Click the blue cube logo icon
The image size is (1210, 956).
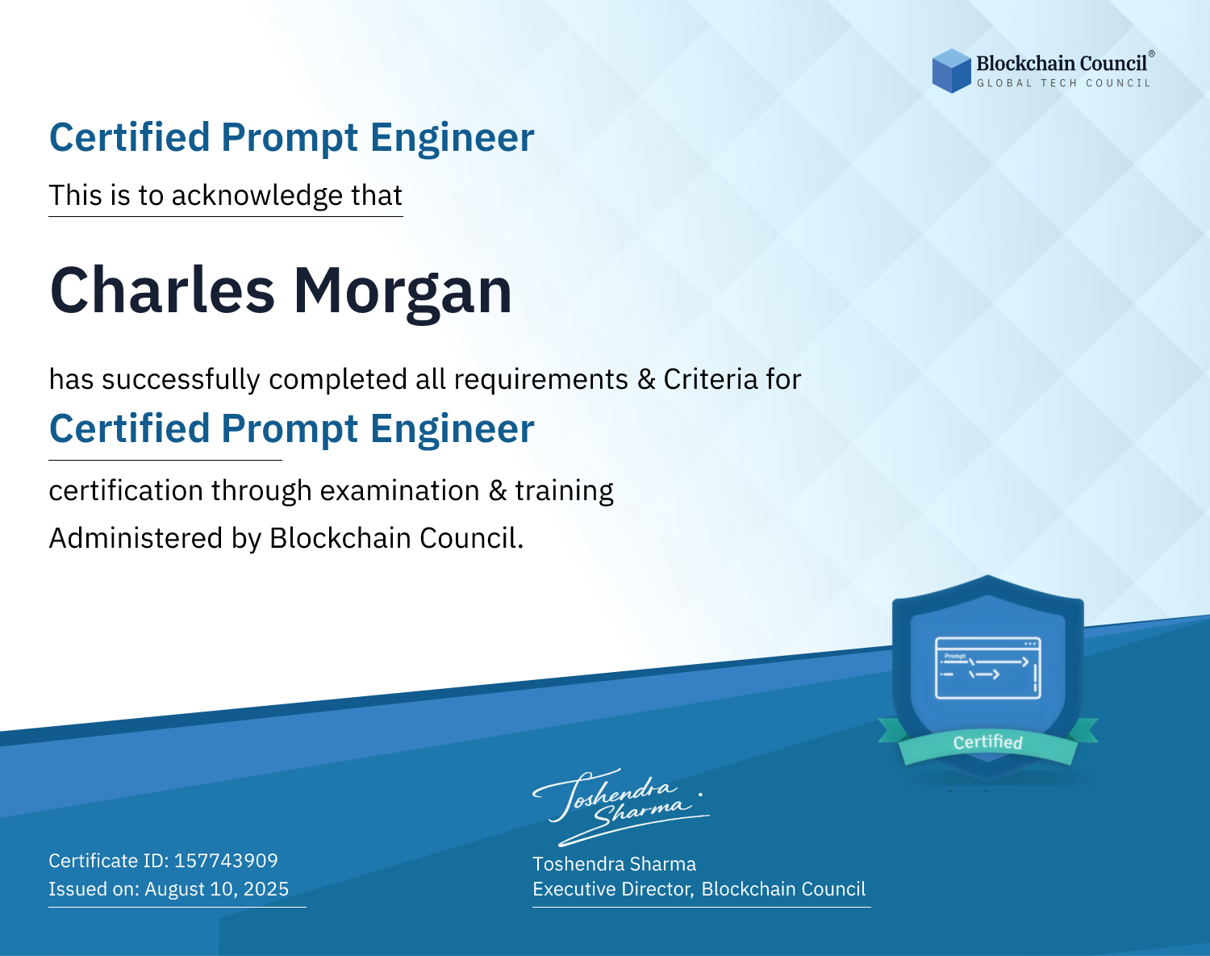click(x=951, y=71)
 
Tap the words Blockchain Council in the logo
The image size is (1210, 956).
click(x=1061, y=64)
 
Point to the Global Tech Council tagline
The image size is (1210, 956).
click(x=1063, y=83)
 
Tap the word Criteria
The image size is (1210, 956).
click(x=710, y=379)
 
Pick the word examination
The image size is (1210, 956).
click(x=400, y=491)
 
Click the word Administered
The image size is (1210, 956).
click(x=136, y=538)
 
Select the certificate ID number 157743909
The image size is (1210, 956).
click(x=226, y=860)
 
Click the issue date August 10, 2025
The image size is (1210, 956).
click(x=216, y=889)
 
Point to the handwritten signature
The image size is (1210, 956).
click(x=621, y=807)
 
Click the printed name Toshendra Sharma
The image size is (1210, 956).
click(x=614, y=864)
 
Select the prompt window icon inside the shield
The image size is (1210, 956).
click(x=988, y=668)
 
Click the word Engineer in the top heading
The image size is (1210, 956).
click(x=452, y=137)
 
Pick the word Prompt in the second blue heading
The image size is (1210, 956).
click(x=290, y=429)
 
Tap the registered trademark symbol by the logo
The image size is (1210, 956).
click(x=1152, y=54)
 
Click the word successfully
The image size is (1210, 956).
click(x=181, y=380)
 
